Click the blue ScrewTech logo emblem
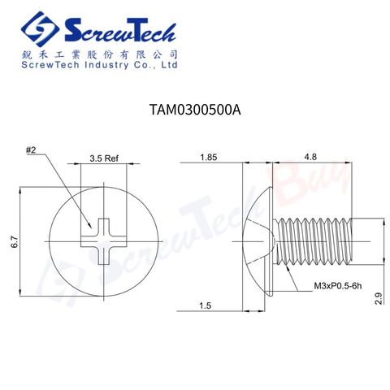click(x=41, y=30)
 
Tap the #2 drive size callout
click(x=32, y=150)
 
